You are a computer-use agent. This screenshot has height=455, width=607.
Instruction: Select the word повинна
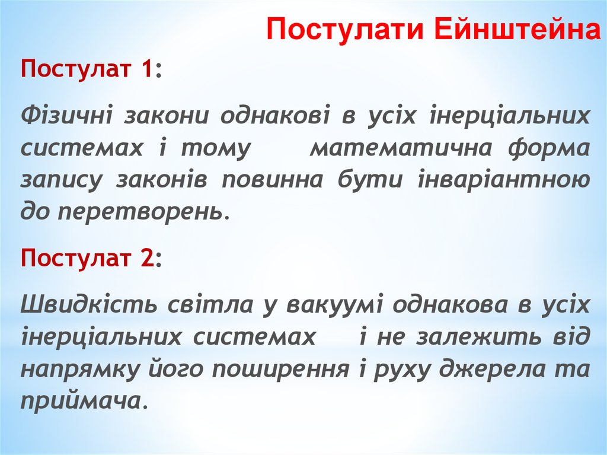[272, 179]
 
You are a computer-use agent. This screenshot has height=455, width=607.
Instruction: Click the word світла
[203, 305]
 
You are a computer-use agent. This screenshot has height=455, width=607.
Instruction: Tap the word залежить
[475, 337]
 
